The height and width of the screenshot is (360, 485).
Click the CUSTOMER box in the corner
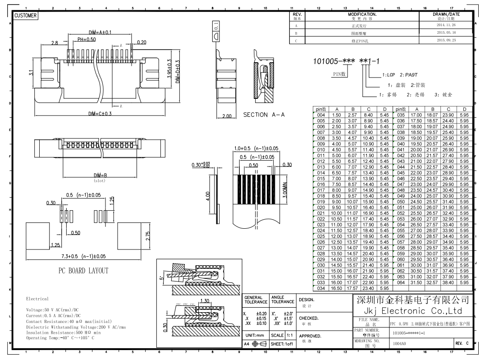25,16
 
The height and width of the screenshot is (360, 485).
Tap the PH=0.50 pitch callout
87,39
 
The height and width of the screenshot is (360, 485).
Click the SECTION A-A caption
264,115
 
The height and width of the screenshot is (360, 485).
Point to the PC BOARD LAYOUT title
83,271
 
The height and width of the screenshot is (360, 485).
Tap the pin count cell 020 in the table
321,208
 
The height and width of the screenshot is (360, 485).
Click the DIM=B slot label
100,175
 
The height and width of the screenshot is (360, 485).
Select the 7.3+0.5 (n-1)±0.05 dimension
84,256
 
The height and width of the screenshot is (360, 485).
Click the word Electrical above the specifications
37,299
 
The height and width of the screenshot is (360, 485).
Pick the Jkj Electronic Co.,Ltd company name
412,311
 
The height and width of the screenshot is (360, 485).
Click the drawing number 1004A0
399,343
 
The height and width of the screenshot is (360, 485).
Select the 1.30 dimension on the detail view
205,301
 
